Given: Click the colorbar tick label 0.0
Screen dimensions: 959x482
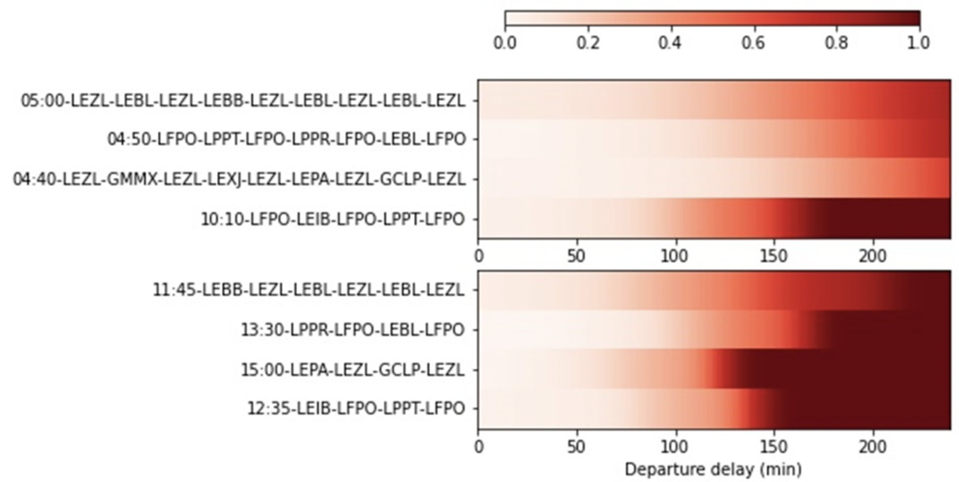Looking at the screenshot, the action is click(x=505, y=43).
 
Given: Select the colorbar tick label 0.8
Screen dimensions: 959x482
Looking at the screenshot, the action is click(x=836, y=43).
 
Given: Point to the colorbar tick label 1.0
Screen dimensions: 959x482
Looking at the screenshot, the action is click(x=918, y=43).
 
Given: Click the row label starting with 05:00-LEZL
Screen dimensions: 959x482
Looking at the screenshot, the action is click(x=243, y=101).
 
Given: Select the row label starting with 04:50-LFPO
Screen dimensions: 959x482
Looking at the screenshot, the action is click(x=286, y=139).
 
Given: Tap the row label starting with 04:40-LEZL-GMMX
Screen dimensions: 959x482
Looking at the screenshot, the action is click(x=239, y=179).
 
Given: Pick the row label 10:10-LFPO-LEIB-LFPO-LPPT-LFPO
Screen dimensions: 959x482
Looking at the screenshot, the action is click(x=333, y=219).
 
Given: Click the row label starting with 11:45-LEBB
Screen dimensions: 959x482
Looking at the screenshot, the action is click(x=309, y=289).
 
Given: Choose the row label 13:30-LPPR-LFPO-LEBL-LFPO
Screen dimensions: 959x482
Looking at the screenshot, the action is click(x=353, y=330).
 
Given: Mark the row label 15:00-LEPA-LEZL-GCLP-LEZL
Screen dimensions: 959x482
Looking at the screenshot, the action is click(x=353, y=369).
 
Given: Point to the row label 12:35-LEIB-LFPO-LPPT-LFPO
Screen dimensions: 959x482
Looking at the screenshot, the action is click(x=356, y=408).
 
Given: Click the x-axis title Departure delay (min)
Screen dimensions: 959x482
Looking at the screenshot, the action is click(x=713, y=469).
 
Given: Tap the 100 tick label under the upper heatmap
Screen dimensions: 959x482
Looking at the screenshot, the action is click(x=674, y=256).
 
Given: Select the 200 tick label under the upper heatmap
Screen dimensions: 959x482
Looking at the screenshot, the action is click(x=872, y=256).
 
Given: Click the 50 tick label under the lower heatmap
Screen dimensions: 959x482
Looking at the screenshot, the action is click(x=576, y=447).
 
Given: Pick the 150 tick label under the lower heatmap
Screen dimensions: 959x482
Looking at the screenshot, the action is click(x=773, y=447).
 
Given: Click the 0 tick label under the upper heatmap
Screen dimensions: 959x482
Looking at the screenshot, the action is click(x=479, y=256).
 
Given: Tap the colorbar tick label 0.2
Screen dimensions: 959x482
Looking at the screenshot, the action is click(x=588, y=43).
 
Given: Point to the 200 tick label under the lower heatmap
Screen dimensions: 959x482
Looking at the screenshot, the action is click(x=872, y=447).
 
